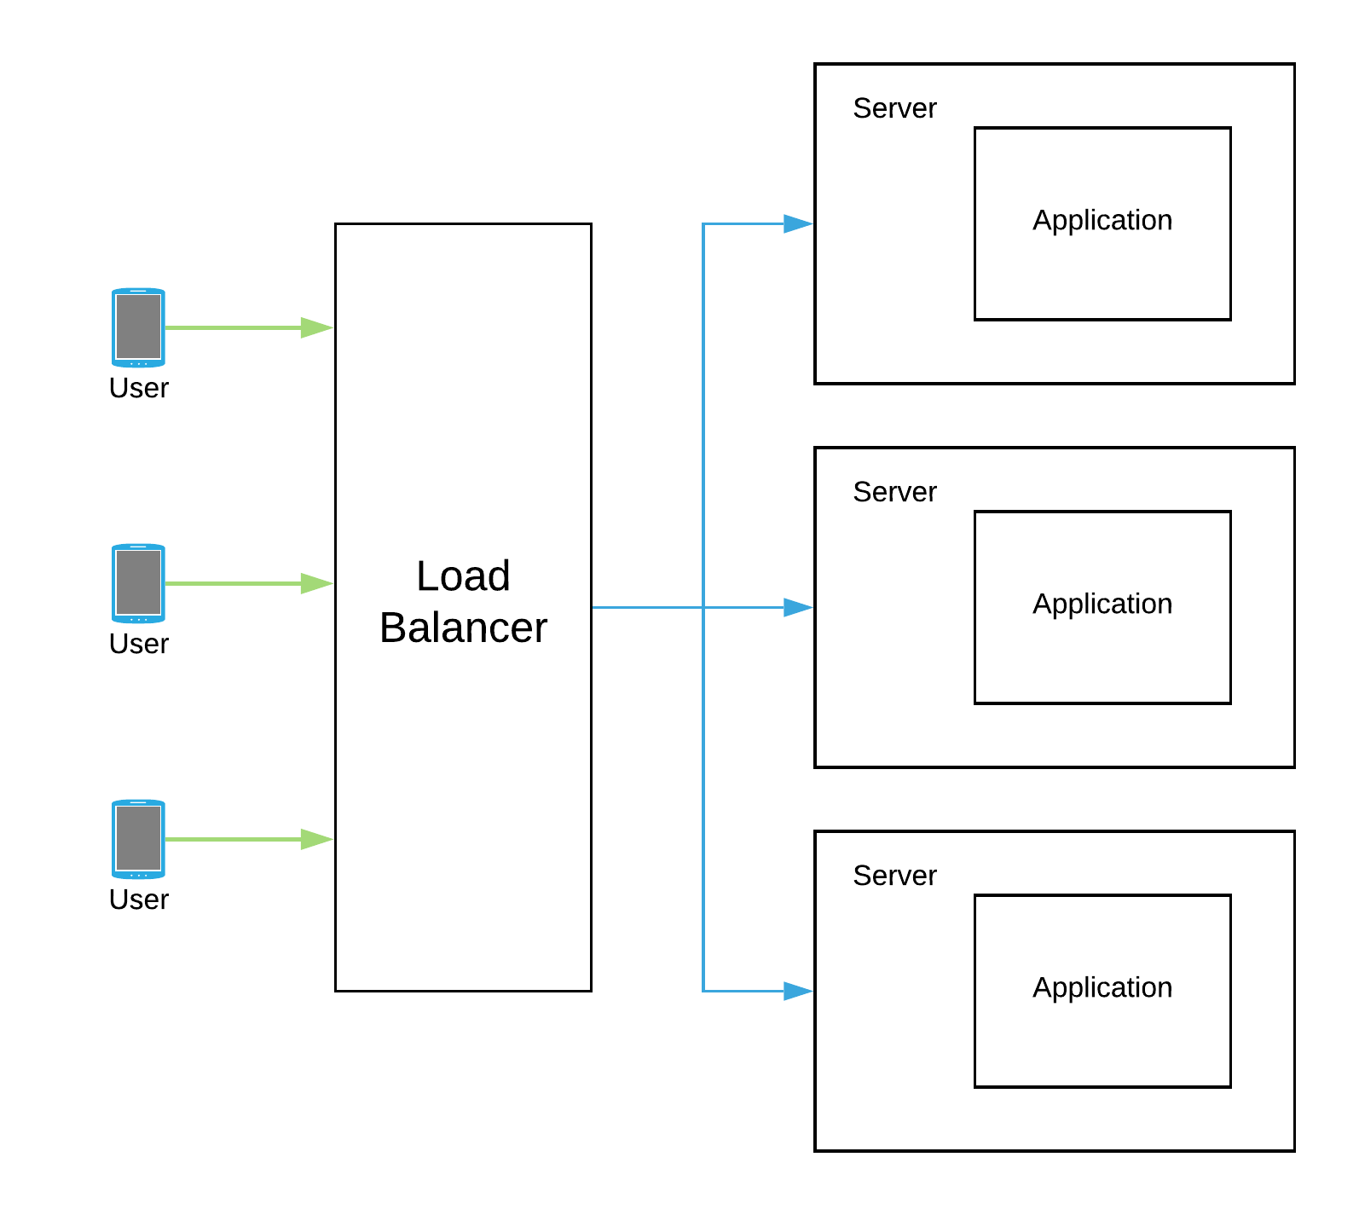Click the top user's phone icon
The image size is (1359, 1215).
click(138, 327)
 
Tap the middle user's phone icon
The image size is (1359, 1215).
click(138, 583)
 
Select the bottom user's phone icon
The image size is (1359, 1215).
click(138, 839)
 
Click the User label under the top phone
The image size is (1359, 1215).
click(139, 388)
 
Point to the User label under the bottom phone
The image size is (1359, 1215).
click(139, 900)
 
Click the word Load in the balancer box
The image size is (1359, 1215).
click(463, 576)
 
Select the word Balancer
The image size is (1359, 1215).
click(463, 628)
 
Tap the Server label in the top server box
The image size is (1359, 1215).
click(894, 108)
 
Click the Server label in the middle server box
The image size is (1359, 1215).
click(894, 492)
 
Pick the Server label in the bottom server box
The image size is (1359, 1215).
click(894, 876)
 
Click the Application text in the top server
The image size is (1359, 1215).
click(1102, 221)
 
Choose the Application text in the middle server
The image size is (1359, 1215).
click(1102, 605)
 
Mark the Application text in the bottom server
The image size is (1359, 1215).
click(1102, 988)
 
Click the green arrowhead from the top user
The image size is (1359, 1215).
click(317, 327)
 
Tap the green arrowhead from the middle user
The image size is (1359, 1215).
click(317, 583)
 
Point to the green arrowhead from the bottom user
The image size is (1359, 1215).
click(317, 839)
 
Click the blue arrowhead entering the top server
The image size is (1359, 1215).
click(798, 223)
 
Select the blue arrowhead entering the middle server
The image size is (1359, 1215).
click(798, 607)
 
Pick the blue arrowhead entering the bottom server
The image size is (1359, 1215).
click(798, 991)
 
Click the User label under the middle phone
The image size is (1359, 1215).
click(139, 644)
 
